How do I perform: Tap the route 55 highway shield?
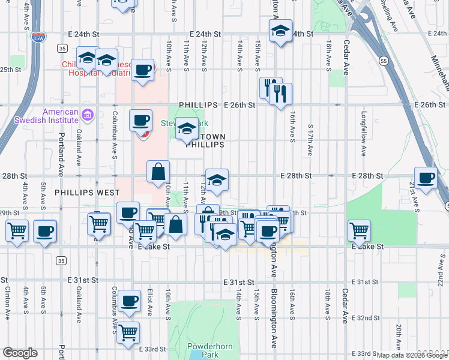(382, 61)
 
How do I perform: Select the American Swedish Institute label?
(61, 116)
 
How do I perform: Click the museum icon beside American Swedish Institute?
(87, 114)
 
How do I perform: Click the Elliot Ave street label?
(150, 302)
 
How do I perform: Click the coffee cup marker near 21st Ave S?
(426, 178)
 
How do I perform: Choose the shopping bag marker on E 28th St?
(158, 172)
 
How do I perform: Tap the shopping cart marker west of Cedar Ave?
(359, 230)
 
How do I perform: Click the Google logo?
(20, 353)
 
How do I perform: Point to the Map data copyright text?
(411, 355)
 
